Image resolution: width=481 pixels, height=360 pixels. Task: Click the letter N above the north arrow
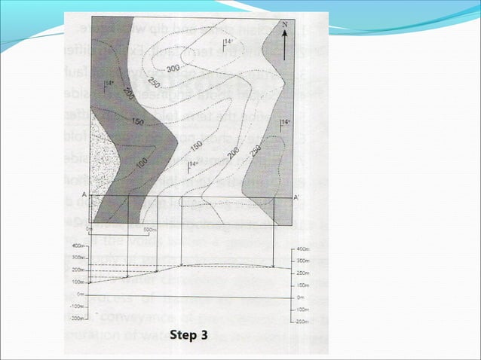tap(284, 25)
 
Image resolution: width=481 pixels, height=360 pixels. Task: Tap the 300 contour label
tap(173, 69)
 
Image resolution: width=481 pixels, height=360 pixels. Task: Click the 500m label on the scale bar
tap(149, 229)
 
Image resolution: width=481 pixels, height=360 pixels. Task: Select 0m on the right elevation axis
tap(302, 297)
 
